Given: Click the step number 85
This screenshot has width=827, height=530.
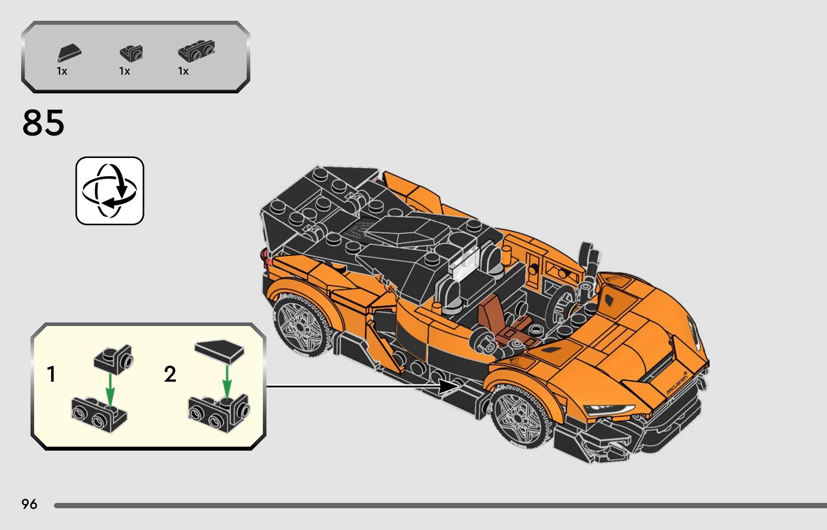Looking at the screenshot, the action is (x=43, y=123).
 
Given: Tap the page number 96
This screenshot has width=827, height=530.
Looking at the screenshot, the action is (x=29, y=504).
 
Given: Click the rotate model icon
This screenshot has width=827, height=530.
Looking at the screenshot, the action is (x=110, y=191).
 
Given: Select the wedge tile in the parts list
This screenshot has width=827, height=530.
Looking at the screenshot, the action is (x=69, y=53).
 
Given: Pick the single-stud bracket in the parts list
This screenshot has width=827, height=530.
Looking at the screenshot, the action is (x=131, y=54).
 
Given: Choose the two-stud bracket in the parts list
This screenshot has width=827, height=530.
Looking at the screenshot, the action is (x=196, y=52).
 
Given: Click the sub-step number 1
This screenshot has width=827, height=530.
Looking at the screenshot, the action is (x=52, y=374).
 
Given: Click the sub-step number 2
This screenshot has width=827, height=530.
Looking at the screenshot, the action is (x=170, y=374).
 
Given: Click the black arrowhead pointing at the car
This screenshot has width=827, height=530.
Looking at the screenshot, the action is (x=449, y=386).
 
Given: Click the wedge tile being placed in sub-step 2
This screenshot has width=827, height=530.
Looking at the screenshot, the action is (x=219, y=351).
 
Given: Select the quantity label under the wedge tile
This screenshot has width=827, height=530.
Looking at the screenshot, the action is (x=62, y=71).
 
